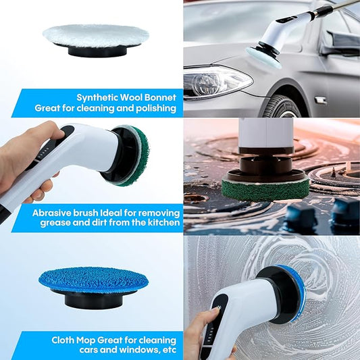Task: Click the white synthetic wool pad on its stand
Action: pyautogui.click(x=96, y=36)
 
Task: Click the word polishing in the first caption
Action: pyautogui.click(x=156, y=108)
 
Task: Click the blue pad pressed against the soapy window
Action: pyautogui.click(x=295, y=292)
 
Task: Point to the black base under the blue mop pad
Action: pyautogui.click(x=93, y=299)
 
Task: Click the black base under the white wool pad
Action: pyautogui.click(x=97, y=51)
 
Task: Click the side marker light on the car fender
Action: pyautogui.click(x=321, y=101)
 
